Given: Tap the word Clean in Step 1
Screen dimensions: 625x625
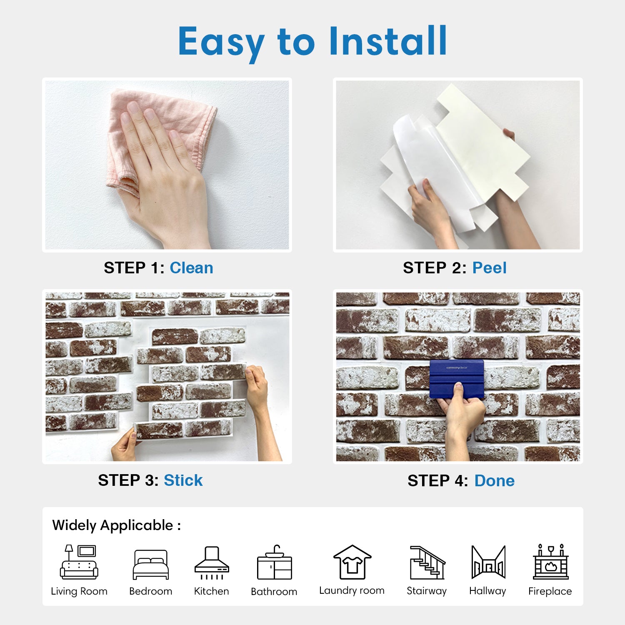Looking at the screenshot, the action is click(191, 268).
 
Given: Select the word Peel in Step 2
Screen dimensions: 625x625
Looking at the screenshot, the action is click(489, 268).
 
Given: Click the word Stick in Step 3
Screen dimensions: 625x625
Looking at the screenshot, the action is click(183, 480).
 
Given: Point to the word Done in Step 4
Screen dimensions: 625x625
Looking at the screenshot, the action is click(495, 481).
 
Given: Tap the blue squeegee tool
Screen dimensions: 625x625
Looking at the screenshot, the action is click(457, 379).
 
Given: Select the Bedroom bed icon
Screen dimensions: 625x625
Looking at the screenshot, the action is click(151, 565).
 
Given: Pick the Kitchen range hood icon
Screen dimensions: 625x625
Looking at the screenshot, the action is click(212, 563).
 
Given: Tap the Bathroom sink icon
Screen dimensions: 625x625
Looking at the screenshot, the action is click(275, 562).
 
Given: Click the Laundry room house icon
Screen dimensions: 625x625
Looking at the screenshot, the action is click(352, 562).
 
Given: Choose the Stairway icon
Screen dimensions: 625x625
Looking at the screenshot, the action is click(427, 562).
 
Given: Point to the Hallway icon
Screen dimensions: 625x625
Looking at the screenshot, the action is click(488, 562).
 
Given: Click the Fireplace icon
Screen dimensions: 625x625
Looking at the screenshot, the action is click(551, 562).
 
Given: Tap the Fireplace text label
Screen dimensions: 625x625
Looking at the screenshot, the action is click(550, 591).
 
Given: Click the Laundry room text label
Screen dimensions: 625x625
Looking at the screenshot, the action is click(352, 590).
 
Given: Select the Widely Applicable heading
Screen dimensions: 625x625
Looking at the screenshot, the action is click(116, 525).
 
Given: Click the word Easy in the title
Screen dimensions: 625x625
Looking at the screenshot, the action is click(221, 42).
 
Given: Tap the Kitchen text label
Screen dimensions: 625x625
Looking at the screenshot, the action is click(211, 591).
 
